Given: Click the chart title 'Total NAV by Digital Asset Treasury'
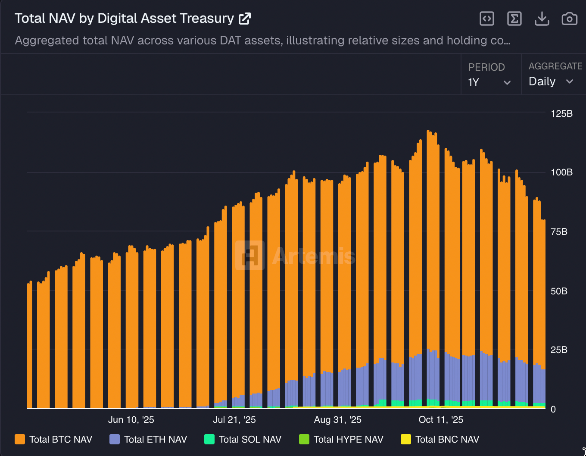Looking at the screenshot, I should point(124,18).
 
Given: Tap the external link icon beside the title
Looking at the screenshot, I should point(245,19).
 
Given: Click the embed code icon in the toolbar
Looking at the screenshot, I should point(487,19).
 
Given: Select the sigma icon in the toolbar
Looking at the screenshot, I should point(514,19).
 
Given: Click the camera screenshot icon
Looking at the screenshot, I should point(569,19).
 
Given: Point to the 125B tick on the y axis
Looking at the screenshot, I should point(561,114).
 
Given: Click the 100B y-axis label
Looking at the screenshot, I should point(561,172).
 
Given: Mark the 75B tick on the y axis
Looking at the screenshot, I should point(559,232).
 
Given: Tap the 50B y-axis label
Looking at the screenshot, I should point(559,291).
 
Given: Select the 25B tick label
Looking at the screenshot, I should point(559,350).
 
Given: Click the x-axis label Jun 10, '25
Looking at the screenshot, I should point(131,420).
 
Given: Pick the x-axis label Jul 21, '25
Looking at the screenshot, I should point(234,420).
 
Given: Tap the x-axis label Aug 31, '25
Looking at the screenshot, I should point(338,420).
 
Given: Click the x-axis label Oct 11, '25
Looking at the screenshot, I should point(441,420).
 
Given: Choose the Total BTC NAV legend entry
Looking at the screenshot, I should point(54,439).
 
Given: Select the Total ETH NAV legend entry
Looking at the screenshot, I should point(149,439).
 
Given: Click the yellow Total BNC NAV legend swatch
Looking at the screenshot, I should point(405,439).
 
